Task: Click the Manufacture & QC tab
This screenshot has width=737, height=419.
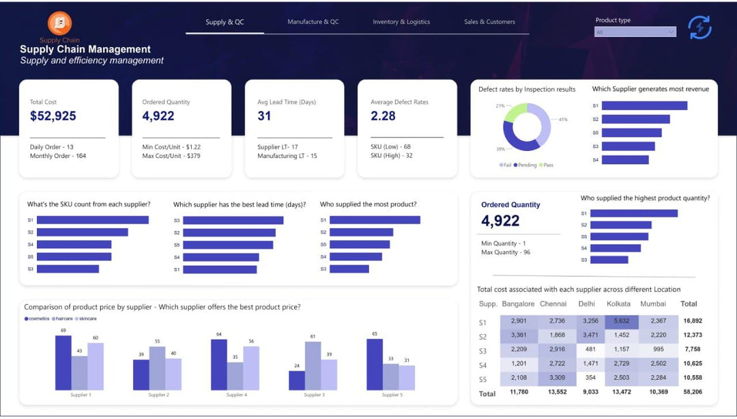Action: pos(313,22)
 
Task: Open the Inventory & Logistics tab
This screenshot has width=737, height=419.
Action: pos(401,22)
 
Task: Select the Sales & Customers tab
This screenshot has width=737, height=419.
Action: pos(489,22)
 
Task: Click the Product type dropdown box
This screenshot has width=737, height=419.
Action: pos(635,32)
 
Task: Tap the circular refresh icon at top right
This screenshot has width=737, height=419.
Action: pos(699,27)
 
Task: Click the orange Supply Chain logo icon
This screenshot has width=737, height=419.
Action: pos(59,23)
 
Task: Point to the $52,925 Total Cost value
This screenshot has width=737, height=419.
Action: pos(53,116)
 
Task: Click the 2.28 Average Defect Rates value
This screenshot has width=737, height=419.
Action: pos(383,116)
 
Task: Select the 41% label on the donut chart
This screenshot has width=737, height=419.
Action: pos(563,120)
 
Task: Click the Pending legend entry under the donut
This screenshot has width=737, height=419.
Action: pos(528,165)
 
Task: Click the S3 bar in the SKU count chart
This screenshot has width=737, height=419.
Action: pos(68,269)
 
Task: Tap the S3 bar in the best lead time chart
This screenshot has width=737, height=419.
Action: pos(233,220)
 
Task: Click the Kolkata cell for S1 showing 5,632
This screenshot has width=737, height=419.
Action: pos(621,321)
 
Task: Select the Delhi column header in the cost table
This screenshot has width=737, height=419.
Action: pos(587,303)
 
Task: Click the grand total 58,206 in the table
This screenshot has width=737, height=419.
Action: pos(691,392)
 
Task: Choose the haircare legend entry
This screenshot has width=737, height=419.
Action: pos(64,319)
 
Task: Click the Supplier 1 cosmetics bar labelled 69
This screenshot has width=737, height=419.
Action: pos(63,362)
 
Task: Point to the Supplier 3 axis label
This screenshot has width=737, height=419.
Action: pos(314,395)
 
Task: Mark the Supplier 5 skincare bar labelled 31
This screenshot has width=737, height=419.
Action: pos(407,377)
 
